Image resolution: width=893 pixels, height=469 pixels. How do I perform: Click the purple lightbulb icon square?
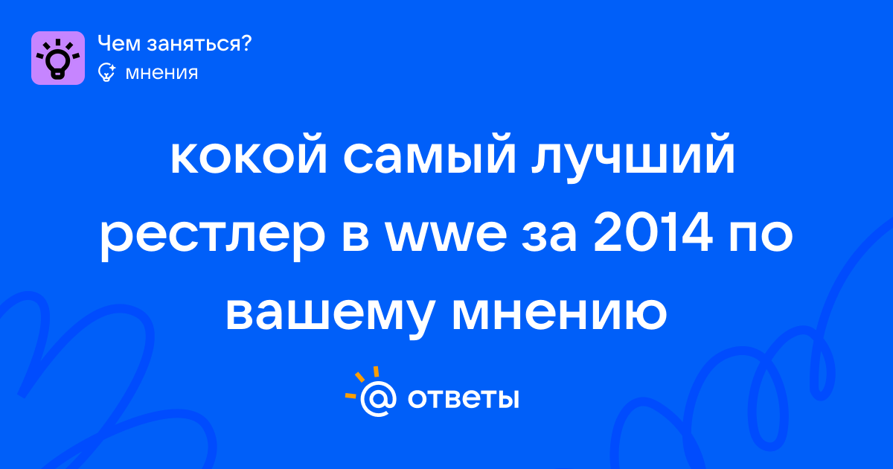58,58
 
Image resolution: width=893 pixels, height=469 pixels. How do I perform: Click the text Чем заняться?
175,43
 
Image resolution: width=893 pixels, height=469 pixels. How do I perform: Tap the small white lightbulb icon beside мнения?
106,72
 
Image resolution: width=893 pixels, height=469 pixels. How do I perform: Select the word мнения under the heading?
161,73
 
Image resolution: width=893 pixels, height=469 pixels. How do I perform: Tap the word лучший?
633,159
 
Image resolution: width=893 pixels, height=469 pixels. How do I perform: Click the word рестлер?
213,237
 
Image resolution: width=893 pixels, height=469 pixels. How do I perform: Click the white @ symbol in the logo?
378,398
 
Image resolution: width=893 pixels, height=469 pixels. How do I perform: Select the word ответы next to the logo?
463,398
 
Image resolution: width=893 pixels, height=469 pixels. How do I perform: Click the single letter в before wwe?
355,236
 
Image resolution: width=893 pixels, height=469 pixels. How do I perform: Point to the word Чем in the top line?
119,43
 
